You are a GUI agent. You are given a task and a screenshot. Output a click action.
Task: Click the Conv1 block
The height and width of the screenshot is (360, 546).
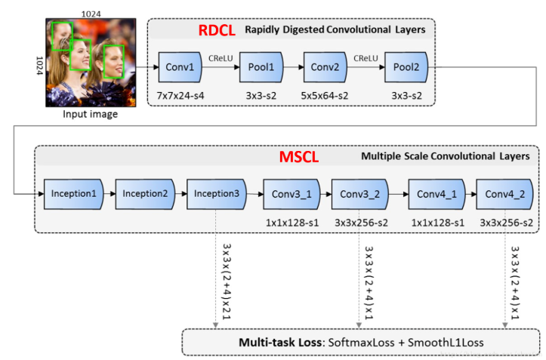pos(180,67)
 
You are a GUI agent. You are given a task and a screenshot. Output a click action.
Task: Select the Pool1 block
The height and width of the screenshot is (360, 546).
pos(261,67)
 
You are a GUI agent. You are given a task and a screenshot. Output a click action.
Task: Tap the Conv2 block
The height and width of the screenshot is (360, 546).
pos(325,67)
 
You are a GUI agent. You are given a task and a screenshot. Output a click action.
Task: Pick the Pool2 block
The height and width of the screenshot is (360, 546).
pos(406,67)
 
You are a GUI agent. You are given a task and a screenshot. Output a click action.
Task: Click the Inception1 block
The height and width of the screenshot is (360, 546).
pos(74,194)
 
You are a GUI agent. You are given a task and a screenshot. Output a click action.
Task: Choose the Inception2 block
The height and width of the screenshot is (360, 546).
pos(145,194)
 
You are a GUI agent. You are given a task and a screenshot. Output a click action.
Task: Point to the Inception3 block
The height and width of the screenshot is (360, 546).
pos(217,194)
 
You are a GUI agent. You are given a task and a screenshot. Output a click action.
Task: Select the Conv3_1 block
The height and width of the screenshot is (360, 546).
pos(292,194)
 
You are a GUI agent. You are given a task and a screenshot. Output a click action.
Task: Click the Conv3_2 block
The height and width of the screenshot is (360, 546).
pos(360,194)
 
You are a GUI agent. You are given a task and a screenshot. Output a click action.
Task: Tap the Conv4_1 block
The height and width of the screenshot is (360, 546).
pos(437,194)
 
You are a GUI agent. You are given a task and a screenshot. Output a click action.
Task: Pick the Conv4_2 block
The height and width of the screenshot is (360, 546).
pos(505,194)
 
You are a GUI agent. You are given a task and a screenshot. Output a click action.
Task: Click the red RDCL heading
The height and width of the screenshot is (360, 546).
pos(217,30)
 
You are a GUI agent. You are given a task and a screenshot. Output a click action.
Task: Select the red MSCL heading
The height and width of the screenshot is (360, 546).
pos(299,157)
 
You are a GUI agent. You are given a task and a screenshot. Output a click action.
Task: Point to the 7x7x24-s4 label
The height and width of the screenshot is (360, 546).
pos(180,95)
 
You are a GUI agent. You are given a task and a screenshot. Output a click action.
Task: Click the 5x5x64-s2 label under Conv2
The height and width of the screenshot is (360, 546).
pos(325,95)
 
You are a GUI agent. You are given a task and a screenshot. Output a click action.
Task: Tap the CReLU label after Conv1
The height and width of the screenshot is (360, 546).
pos(221,58)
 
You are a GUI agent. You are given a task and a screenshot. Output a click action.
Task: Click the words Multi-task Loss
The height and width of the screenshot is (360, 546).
pos(280,342)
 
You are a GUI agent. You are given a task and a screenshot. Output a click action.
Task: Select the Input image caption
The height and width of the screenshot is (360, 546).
pos(90,114)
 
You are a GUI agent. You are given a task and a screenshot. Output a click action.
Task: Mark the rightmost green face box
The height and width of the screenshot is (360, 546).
pos(114,62)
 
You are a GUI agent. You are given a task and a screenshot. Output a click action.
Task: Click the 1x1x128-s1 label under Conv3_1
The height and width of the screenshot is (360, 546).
pos(292,223)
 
